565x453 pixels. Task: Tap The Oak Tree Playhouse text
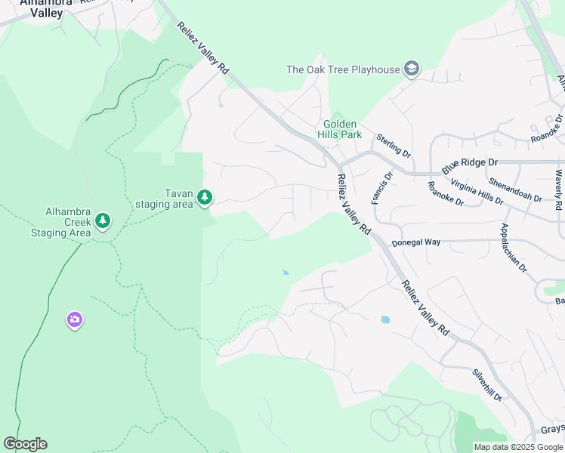point(342,69)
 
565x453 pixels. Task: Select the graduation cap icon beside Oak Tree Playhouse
point(411,69)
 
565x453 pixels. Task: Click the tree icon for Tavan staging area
point(204,198)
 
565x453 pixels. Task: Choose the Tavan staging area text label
point(164,199)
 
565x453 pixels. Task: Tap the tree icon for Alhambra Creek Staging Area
point(103,221)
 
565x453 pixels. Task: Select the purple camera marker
point(74,320)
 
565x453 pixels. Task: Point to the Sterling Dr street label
point(394,143)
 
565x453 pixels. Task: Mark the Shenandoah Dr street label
point(515,190)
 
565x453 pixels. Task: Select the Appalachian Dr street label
point(514,248)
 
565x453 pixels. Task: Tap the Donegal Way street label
point(415,243)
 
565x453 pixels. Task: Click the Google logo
point(25,444)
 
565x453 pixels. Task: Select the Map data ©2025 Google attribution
point(518,447)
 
